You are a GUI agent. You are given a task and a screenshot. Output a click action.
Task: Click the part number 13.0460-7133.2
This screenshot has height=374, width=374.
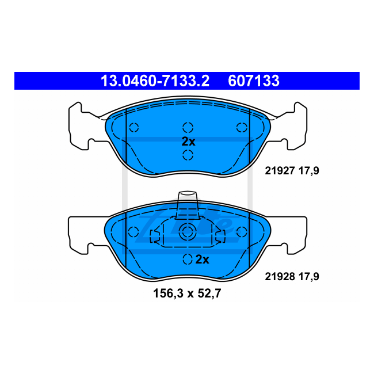155,81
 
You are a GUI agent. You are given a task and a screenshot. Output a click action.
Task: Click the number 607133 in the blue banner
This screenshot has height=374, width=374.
254,81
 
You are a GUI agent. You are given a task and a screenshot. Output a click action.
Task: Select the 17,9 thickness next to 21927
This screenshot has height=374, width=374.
309,171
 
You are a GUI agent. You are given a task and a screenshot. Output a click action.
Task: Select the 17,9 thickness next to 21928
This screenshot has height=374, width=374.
309,277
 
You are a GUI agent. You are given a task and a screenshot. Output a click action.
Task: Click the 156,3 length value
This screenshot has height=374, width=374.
168,293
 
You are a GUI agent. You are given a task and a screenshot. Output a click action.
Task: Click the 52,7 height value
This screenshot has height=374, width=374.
209,293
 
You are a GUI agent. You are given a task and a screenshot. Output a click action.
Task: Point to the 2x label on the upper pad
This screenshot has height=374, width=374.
188,142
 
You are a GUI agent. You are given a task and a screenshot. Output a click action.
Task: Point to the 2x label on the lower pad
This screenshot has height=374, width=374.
202,259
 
